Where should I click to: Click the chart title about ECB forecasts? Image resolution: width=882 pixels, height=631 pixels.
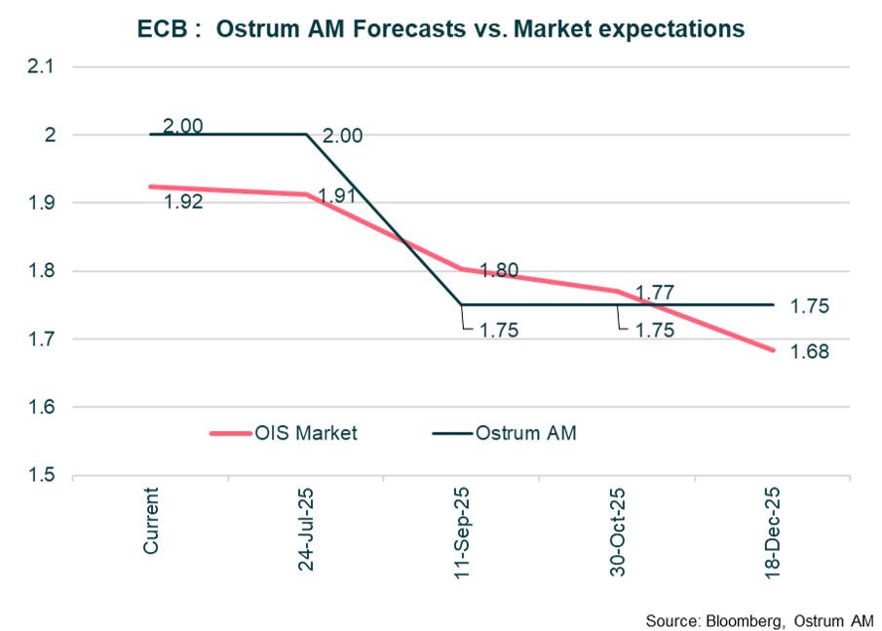441,29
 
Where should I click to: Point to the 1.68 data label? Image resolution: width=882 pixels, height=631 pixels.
810,352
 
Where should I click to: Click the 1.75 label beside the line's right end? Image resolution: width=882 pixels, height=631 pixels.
810,306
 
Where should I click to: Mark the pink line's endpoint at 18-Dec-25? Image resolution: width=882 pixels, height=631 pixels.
773,350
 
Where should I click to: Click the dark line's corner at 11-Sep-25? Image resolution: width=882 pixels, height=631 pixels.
462,304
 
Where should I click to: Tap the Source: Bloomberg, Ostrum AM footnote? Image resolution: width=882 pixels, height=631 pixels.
759,620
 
